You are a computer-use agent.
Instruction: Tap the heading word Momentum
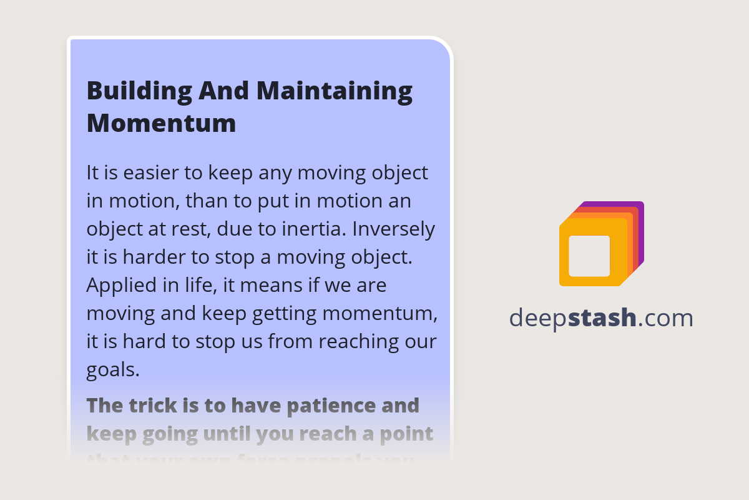coord(161,123)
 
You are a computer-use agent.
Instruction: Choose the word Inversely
coord(393,229)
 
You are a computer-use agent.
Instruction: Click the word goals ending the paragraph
coord(112,370)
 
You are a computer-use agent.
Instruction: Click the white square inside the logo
coord(589,256)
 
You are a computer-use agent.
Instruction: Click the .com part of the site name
coord(665,318)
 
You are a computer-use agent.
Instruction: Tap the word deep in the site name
coord(537,318)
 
